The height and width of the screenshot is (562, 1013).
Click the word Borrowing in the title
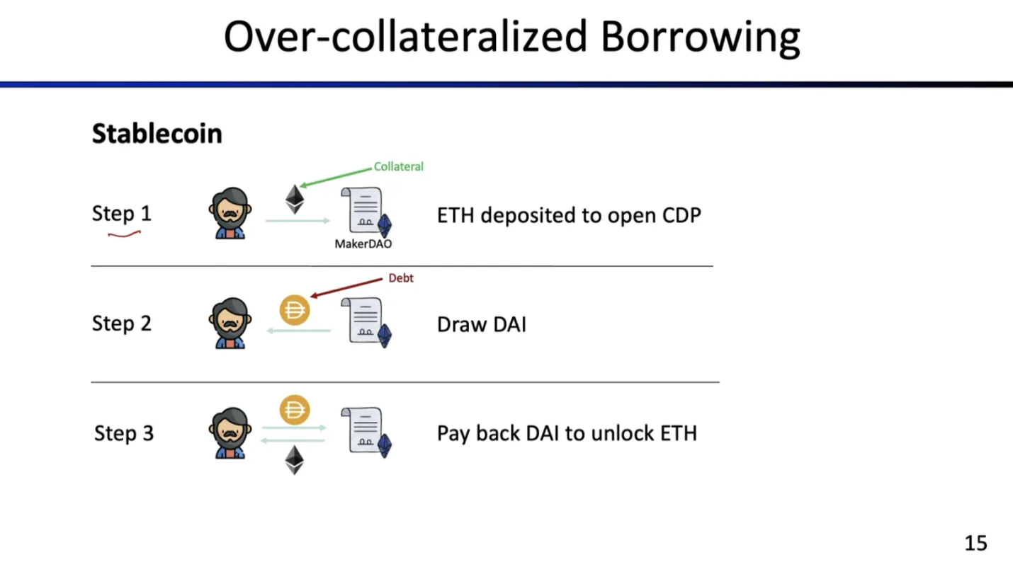[700, 38]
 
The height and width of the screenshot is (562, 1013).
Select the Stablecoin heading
[157, 134]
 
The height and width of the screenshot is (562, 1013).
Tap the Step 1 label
[122, 213]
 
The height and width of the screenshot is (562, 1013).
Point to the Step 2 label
[122, 323]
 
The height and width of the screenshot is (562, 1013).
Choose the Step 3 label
[124, 432]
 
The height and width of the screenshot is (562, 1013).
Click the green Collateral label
[398, 167]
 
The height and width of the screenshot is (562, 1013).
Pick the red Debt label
[401, 278]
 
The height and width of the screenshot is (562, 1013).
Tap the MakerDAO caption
[363, 244]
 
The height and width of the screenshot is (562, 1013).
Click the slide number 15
[976, 543]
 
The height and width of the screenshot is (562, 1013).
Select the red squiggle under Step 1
[124, 234]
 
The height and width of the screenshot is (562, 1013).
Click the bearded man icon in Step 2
[230, 323]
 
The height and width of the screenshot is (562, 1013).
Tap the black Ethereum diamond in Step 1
[295, 199]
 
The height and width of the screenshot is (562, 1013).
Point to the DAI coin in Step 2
[295, 310]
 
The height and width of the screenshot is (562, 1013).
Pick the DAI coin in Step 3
[295, 411]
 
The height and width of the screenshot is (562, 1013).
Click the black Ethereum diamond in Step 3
[295, 460]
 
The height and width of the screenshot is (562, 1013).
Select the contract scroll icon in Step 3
[366, 432]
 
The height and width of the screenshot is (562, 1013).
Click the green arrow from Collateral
[336, 177]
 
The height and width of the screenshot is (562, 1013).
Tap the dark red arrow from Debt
[346, 288]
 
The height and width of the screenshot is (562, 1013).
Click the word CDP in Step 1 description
[681, 215]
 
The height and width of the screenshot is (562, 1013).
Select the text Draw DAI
[482, 324]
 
